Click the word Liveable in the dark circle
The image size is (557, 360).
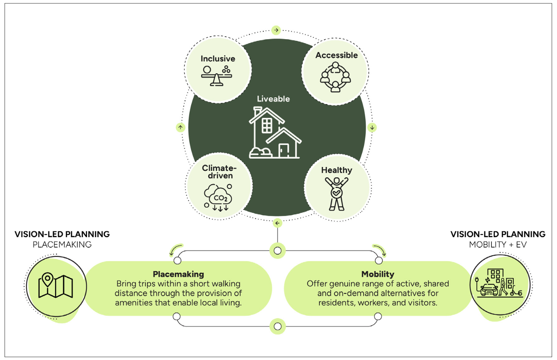pyautogui.click(x=273, y=99)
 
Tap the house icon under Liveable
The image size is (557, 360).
pyautogui.click(x=274, y=133)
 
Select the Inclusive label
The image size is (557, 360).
pyautogui.click(x=218, y=59)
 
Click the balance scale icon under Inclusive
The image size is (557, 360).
pyautogui.click(x=217, y=76)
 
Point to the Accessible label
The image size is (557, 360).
pyautogui.click(x=336, y=55)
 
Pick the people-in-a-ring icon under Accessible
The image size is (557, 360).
pyautogui.click(x=335, y=77)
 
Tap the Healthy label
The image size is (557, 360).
pyautogui.click(x=336, y=170)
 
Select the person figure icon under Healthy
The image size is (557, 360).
pyautogui.click(x=336, y=194)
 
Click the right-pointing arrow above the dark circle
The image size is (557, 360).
pyautogui.click(x=276, y=30)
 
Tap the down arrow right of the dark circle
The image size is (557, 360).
pyautogui.click(x=372, y=128)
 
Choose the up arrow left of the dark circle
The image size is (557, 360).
pyautogui.click(x=180, y=127)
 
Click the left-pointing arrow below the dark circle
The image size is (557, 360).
pyautogui.click(x=277, y=223)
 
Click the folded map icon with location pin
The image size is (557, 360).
pyautogui.click(x=56, y=285)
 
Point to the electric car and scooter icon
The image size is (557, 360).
pyautogui.click(x=499, y=283)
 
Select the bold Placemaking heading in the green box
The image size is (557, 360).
pyautogui.click(x=178, y=274)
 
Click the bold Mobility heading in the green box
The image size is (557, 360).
pyautogui.click(x=378, y=274)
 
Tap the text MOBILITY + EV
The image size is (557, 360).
pyautogui.click(x=497, y=244)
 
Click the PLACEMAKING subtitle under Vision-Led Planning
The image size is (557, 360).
pyautogui.click(x=62, y=244)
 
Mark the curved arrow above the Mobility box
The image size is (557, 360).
pyautogui.click(x=380, y=250)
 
